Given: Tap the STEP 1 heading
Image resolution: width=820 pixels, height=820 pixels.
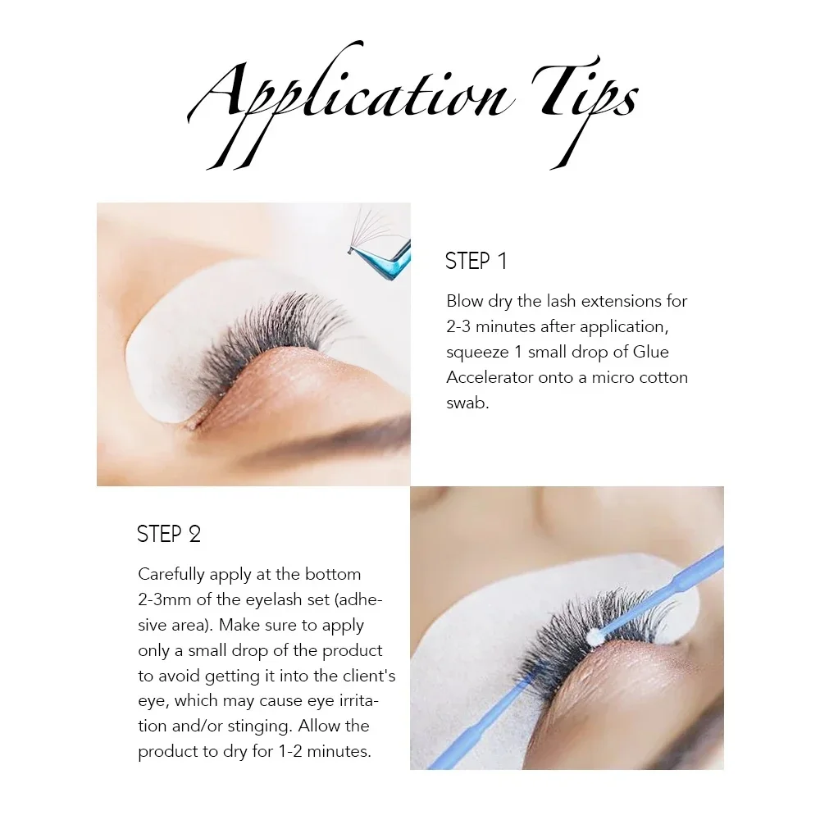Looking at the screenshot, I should click(476, 262).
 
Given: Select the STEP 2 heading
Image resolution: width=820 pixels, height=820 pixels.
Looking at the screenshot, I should click(169, 535).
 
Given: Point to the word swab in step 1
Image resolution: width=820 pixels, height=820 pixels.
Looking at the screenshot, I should click(467, 403).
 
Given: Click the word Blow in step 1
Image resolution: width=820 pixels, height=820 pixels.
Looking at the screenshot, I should click(464, 301).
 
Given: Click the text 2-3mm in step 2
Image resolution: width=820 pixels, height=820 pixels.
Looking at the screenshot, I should click(165, 599).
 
